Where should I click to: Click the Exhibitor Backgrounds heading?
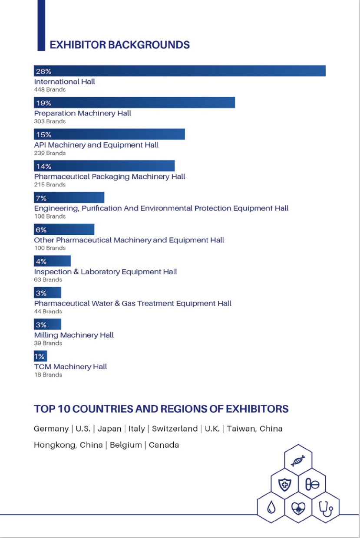(119, 45)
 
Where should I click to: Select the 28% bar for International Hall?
(180, 71)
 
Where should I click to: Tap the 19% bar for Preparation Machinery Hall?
(135, 103)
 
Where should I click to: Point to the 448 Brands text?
(50, 90)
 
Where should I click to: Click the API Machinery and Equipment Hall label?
(96, 145)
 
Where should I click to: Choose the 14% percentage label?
(43, 166)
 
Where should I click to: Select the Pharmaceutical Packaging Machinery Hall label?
(109, 177)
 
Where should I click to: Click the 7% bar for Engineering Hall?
(69, 198)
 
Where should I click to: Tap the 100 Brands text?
(50, 248)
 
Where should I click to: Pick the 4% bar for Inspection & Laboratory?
(53, 261)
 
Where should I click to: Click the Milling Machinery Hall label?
(74, 335)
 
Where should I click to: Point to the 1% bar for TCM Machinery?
(40, 356)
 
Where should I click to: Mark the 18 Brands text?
(48, 375)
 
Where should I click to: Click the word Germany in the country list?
(51, 429)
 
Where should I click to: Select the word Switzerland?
(174, 429)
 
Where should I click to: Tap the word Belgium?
(126, 445)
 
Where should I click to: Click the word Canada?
(164, 445)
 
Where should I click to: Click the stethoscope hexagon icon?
(325, 507)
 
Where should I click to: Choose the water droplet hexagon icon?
(271, 507)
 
